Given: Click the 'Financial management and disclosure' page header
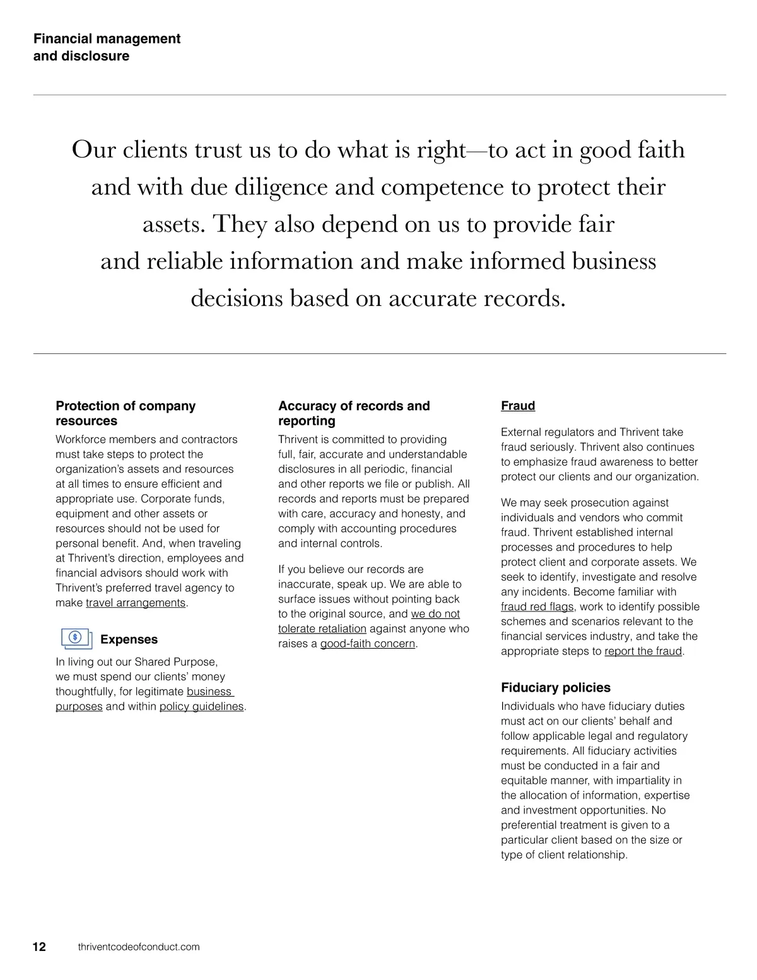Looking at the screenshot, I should point(107,47).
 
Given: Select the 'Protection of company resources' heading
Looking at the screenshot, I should point(126,413).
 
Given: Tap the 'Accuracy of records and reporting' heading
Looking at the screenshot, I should point(354,413).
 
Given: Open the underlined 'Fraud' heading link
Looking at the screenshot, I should point(518,406).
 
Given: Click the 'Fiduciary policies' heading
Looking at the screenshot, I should point(556,687).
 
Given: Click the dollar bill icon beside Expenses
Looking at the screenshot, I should point(76,639).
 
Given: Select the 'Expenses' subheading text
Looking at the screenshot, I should point(129,639).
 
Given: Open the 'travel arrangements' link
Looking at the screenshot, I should point(136,603).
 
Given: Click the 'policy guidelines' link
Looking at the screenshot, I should point(201,706).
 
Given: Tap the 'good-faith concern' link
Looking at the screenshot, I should point(368,644).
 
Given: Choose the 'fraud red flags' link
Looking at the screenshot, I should point(537,606).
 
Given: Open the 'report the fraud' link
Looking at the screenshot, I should point(643,651).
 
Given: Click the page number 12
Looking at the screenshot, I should point(39,947).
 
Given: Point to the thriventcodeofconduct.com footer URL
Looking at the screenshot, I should point(139,947).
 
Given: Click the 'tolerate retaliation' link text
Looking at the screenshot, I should point(322,629).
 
